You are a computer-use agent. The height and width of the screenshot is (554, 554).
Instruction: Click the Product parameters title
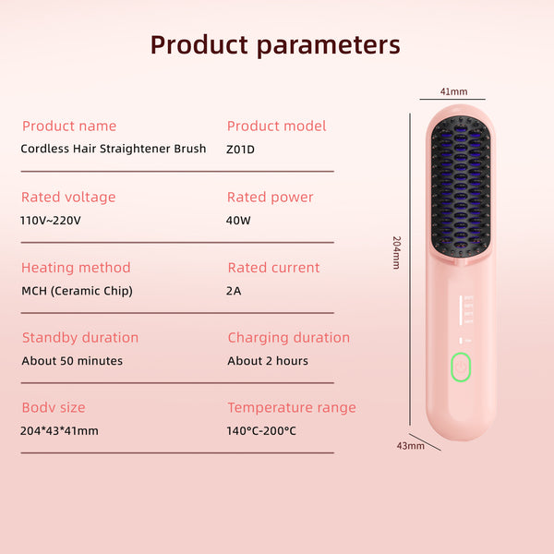[275, 45]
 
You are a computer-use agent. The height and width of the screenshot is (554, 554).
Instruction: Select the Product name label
[69, 126]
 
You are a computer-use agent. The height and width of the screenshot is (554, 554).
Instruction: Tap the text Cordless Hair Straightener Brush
[114, 149]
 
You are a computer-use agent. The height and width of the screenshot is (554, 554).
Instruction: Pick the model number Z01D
[240, 150]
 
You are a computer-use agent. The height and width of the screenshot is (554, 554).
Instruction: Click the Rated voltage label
[68, 198]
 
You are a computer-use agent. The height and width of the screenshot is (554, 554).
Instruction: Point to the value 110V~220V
[51, 221]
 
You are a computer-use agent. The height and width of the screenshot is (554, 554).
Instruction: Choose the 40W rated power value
[238, 221]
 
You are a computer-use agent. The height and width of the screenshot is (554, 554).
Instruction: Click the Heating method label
[76, 268]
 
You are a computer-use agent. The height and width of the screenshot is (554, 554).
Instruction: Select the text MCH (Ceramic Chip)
[77, 291]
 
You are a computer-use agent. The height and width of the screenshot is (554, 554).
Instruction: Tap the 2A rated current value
[234, 291]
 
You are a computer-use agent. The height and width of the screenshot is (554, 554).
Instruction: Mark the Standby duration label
[80, 338]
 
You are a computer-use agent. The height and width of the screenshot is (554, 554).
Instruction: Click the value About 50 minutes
[72, 361]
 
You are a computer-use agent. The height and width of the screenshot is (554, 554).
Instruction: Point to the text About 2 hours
[268, 361]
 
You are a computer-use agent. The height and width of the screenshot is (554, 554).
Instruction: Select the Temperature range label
[292, 408]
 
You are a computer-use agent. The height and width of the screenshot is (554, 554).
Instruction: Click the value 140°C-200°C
[261, 430]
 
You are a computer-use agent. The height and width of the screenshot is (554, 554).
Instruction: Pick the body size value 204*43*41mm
[59, 430]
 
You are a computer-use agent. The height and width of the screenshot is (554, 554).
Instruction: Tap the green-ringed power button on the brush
[461, 367]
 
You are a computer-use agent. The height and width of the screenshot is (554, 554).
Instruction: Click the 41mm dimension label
[453, 91]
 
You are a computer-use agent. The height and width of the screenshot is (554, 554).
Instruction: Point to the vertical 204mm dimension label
[397, 253]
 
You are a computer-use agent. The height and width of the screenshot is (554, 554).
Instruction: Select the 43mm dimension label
[411, 446]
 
